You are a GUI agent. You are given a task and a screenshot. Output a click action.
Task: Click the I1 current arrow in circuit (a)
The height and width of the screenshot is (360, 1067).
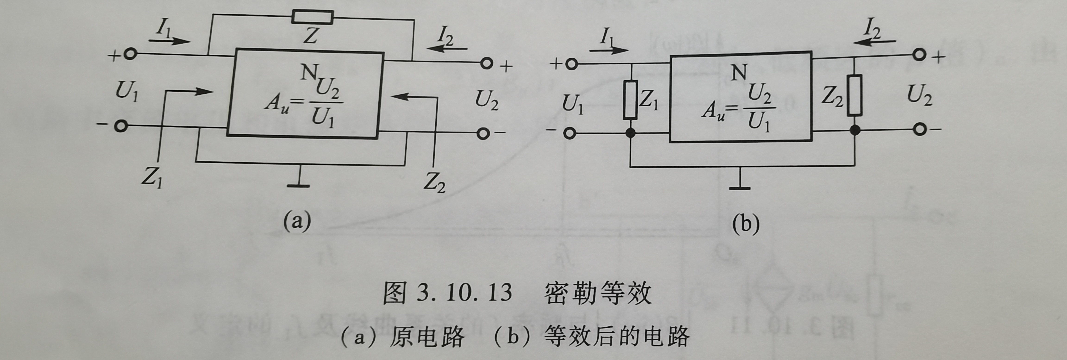pos(170,41)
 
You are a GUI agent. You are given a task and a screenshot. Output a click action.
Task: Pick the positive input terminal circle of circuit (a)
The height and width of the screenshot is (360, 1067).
pos(130,55)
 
